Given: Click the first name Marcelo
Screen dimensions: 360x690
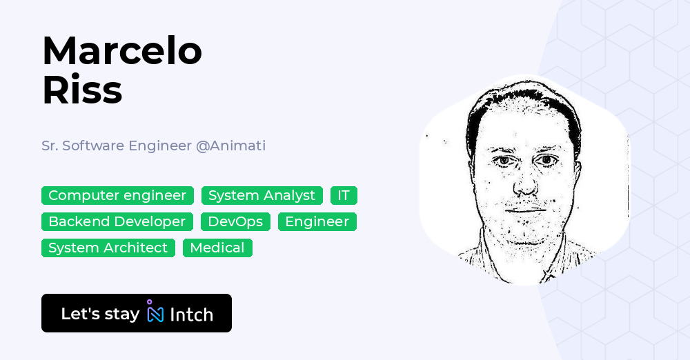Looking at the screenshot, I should [122, 51].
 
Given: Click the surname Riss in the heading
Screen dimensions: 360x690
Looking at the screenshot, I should [82, 90].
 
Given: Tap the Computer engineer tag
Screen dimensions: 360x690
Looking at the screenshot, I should [117, 196].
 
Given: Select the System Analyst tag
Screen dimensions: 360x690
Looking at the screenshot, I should [262, 196].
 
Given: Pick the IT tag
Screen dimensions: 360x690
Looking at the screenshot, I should [344, 196].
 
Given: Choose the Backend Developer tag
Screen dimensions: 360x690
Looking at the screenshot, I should [117, 222].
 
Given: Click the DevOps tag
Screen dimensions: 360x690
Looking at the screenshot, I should [235, 222].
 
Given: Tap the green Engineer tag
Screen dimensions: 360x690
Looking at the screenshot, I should [317, 222].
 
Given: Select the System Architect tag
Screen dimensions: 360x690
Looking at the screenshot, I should [108, 248].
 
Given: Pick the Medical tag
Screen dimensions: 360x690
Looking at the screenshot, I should [217, 248].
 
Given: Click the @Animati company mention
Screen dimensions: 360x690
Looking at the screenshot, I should [230, 146].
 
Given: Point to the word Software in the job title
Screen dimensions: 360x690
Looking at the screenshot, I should [92, 146].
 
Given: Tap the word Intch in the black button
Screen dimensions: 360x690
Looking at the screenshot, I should [191, 314].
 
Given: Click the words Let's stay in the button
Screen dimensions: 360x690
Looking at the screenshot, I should [100, 314].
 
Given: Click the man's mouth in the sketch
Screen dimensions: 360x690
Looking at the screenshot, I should [526, 210].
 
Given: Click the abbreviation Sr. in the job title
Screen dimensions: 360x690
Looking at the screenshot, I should [49, 146].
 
